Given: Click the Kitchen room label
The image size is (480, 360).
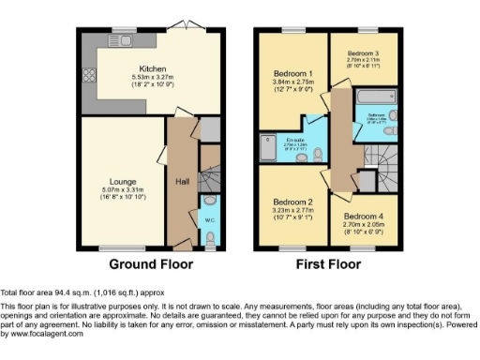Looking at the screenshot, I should pos(153,68).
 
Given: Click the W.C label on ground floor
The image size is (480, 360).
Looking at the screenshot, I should pos(209,221).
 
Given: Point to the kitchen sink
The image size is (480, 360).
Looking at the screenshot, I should pos(125,40).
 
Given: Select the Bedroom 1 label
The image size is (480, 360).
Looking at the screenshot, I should pos(293,73).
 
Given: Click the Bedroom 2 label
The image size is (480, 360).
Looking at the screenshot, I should pos(292,202).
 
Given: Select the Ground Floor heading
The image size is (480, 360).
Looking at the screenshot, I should pos(152,264).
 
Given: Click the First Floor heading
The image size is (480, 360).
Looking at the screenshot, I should pos(327,264).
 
